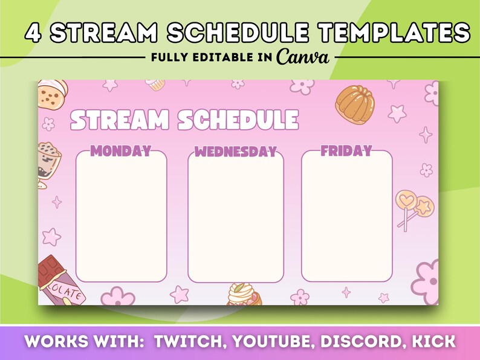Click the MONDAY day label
point(122,151)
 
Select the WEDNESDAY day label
point(236,152)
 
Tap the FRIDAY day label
point(346,150)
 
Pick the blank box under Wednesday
point(236,217)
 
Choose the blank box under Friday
point(347,216)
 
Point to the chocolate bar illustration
point(60,281)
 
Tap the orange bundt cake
point(355,104)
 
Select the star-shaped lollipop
point(424,207)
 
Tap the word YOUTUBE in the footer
point(273,341)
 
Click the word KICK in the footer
point(433,341)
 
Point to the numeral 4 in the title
point(33,32)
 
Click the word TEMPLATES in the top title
point(393,32)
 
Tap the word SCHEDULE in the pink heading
point(238,120)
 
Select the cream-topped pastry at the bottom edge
point(244,294)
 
